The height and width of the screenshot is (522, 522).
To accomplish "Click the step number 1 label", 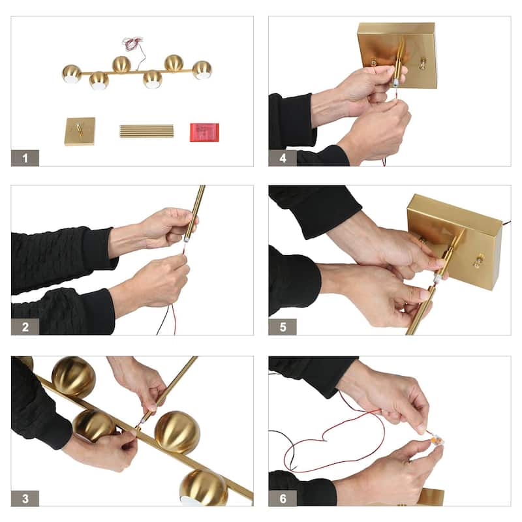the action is [x=25, y=158].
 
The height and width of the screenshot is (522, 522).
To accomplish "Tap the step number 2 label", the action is [x=25, y=327].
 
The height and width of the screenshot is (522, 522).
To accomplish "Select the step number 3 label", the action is [x=25, y=499].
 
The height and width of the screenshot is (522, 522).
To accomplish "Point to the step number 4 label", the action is [x=283, y=158].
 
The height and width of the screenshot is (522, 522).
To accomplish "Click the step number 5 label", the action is [x=283, y=327].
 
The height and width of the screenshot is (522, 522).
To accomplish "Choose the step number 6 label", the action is [x=283, y=499].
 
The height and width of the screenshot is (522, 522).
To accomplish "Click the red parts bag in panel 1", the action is [x=204, y=132].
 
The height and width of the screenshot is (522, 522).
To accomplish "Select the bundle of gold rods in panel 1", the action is [x=146, y=131].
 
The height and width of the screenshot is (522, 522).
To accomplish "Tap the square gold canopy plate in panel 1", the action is [x=80, y=131].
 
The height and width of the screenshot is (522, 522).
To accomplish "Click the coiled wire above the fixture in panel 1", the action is [x=132, y=44].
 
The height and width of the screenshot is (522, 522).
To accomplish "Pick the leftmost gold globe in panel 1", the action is [x=72, y=74].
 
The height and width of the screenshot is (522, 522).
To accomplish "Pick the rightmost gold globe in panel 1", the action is [x=202, y=70].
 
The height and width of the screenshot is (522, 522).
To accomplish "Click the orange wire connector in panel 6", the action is [x=437, y=442].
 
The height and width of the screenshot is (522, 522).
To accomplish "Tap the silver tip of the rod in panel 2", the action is [x=187, y=238].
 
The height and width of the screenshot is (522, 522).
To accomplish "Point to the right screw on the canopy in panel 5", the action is [x=478, y=260].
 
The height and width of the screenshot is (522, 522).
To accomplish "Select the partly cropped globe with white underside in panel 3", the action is [x=203, y=487].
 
